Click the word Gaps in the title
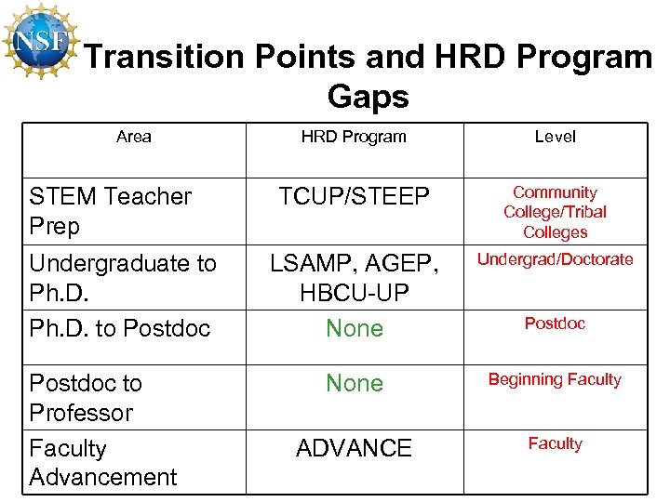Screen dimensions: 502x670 (368, 96)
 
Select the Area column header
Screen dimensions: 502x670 (134, 137)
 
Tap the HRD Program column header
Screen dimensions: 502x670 (354, 137)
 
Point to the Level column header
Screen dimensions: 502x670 (555, 137)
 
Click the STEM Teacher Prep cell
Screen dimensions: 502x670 (110, 211)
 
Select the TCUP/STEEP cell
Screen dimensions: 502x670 (355, 197)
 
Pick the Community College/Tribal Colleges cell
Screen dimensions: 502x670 (555, 212)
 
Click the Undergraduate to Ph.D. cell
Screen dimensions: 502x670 (123, 277)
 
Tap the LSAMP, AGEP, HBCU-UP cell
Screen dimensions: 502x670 (355, 278)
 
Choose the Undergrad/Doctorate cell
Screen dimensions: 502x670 (555, 259)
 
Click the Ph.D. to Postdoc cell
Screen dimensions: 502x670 (120, 328)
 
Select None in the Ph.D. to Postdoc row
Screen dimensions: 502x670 (355, 328)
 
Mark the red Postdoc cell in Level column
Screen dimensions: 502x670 (555, 324)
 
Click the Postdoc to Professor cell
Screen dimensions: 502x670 (86, 397)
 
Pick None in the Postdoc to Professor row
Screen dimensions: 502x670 (355, 383)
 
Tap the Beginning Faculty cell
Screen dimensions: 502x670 (555, 379)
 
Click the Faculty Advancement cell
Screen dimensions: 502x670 (102, 462)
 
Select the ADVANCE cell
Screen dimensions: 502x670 (354, 448)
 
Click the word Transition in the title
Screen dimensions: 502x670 (163, 58)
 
